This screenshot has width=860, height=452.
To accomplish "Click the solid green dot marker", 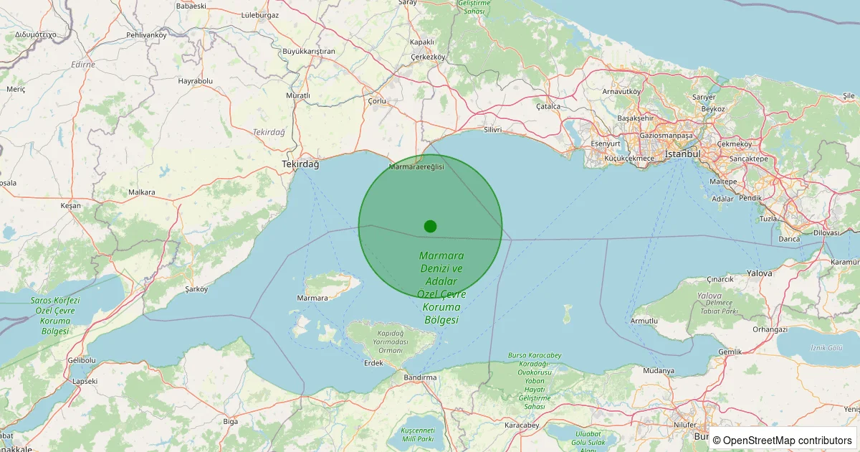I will click(x=430, y=226).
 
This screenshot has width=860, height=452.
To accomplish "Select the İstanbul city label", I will click(x=682, y=154).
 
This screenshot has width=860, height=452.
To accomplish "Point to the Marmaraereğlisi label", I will click(x=416, y=166).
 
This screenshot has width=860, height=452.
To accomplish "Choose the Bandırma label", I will click(x=420, y=377).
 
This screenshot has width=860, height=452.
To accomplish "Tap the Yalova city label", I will click(x=760, y=273).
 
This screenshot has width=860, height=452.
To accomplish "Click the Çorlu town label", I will click(x=377, y=101).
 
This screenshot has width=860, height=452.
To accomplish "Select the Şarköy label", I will click(x=196, y=289).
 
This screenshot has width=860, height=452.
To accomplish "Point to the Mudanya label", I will click(x=659, y=371).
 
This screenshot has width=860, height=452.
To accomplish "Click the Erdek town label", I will click(x=373, y=363).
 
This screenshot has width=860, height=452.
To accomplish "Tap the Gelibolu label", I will click(x=81, y=359).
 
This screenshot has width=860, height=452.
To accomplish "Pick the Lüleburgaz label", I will click(x=259, y=14).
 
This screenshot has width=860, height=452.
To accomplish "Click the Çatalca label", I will click(x=548, y=106).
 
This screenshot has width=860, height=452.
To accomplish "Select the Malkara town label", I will click(x=141, y=192).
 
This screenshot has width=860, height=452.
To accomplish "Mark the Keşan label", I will click(x=71, y=206).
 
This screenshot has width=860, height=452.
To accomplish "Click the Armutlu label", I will click(x=644, y=321).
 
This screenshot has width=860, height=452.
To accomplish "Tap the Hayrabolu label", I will click(x=196, y=81).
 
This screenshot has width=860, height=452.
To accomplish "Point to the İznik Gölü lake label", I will click(x=826, y=347).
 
